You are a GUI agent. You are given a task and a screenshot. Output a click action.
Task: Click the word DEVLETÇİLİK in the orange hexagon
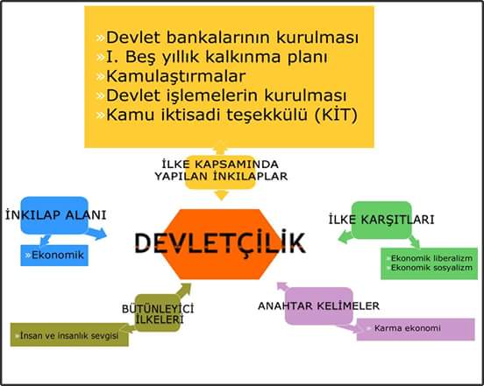pyautogui.click(x=220, y=242)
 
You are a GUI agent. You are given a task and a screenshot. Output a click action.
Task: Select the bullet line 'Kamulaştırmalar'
pyautogui.click(x=175, y=76)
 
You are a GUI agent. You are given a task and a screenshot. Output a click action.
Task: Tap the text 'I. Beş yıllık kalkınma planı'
pyautogui.click(x=217, y=57)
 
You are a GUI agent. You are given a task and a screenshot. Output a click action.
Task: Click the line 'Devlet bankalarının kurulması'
pyautogui.click(x=232, y=38)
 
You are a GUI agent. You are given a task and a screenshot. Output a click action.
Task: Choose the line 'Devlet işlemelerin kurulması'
pyautogui.click(x=226, y=95)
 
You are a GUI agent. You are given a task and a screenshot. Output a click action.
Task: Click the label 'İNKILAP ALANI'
pyautogui.click(x=56, y=215)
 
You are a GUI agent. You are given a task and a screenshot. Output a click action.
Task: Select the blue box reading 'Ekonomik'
pyautogui.click(x=54, y=256)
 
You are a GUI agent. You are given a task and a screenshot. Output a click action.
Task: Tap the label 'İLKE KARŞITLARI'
pyautogui.click(x=381, y=220)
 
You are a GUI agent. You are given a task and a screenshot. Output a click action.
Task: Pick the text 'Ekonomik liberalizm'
pyautogui.click(x=431, y=258)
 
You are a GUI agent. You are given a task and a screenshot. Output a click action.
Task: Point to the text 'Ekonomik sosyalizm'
pyautogui.click(x=431, y=268)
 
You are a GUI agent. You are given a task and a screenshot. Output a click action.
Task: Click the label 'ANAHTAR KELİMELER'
pyautogui.click(x=318, y=305)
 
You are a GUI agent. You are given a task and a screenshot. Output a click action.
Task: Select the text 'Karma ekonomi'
pyautogui.click(x=407, y=328)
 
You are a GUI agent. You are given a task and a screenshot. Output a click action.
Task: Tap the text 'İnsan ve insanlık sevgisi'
pyautogui.click(x=69, y=335)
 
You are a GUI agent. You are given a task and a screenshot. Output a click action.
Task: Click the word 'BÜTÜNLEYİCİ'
pyautogui.click(x=158, y=309)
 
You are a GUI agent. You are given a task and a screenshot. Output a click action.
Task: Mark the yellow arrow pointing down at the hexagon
pyautogui.click(x=221, y=195)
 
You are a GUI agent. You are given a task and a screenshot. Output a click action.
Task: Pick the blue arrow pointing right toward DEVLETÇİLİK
pyautogui.click(x=96, y=234)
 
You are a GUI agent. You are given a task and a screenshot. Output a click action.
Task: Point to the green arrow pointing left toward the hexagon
pyautogui.click(x=346, y=237)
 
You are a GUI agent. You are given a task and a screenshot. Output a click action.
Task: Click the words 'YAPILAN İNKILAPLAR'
pyautogui.click(x=221, y=177)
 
